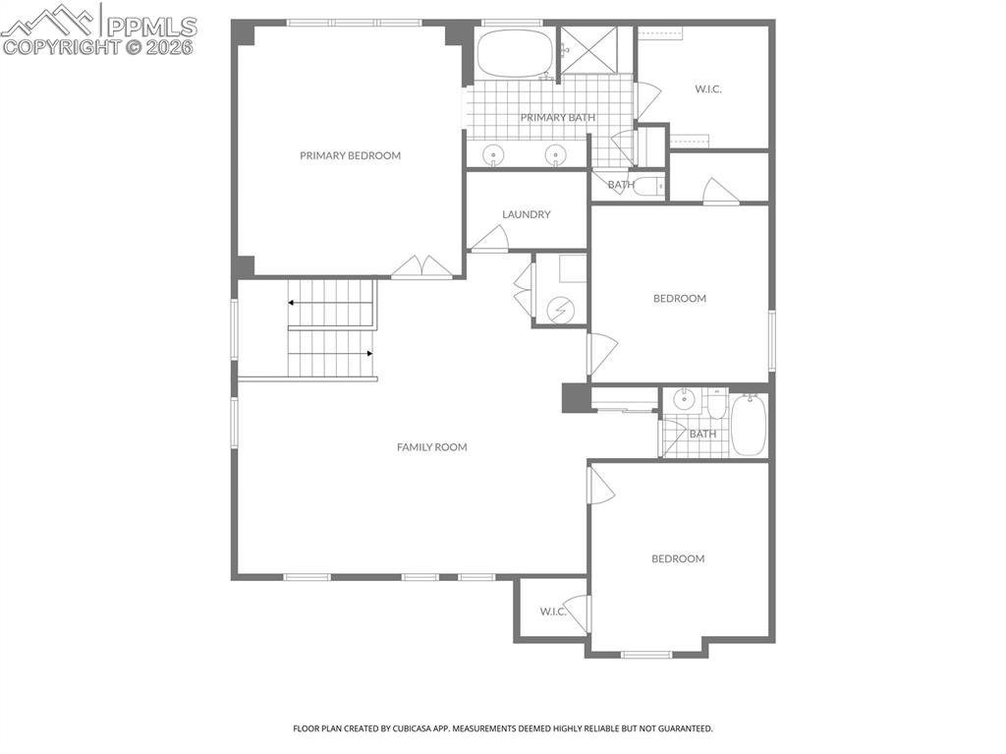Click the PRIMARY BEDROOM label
(350, 155)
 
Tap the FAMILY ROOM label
(431, 447)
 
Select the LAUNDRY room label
(526, 214)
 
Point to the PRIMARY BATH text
(557, 118)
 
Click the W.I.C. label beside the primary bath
(708, 89)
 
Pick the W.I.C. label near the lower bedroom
(553, 611)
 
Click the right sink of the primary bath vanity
(556, 154)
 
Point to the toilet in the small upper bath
(649, 185)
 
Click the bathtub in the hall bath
(750, 425)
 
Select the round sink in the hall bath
(685, 400)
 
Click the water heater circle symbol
(560, 310)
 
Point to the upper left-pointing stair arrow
(293, 303)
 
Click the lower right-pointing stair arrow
(368, 353)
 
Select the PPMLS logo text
(150, 27)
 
